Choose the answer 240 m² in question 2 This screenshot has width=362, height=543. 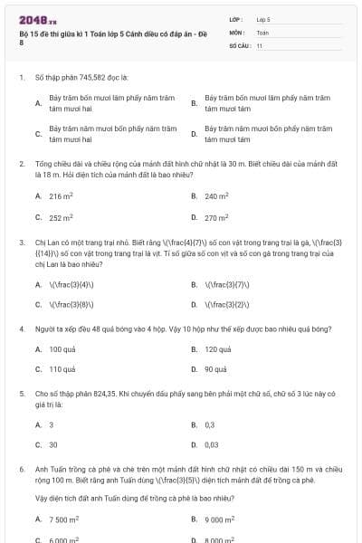(x=216, y=195)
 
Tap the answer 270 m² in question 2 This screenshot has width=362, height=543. (x=216, y=217)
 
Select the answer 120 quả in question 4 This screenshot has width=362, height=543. (x=218, y=348)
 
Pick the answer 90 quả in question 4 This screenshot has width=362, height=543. (x=215, y=369)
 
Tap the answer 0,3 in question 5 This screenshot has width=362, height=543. (x=210, y=424)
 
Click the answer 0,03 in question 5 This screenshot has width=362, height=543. (x=212, y=444)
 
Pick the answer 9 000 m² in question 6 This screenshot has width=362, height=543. (x=220, y=519)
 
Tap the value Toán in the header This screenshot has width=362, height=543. (x=262, y=32)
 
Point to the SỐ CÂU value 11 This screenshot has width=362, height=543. (x=259, y=44)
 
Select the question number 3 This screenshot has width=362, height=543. (x=21, y=243)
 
